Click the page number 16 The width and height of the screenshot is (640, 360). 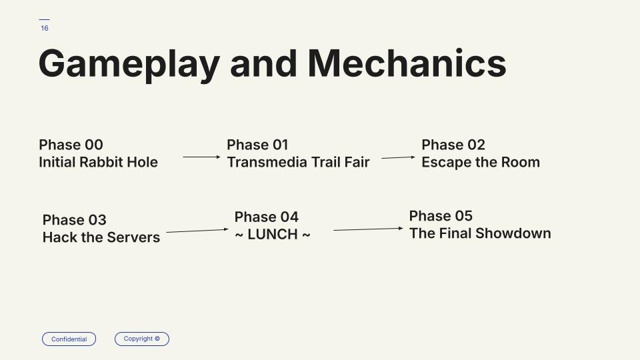click(45, 28)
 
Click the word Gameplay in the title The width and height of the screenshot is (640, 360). click(129, 64)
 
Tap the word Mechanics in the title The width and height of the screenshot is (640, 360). click(407, 63)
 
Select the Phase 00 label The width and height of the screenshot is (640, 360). click(71, 145)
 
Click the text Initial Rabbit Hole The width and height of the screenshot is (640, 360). click(99, 162)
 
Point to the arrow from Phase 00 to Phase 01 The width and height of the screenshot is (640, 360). click(201, 157)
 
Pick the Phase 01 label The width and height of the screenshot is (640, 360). click(257, 145)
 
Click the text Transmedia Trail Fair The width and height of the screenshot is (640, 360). click(299, 162)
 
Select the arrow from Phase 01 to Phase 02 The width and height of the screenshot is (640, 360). click(399, 157)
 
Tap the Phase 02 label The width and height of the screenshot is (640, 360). click(453, 145)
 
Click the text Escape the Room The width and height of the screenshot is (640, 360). click(481, 162)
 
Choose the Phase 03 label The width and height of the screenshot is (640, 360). click(74, 219)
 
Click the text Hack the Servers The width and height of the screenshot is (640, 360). click(101, 237)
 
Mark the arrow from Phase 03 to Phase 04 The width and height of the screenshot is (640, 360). click(197, 231)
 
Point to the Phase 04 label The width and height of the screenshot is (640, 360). click(267, 217)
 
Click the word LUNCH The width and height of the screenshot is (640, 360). click(273, 234)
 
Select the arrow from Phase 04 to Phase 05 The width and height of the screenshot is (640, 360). click(368, 229)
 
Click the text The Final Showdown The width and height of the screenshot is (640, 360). click(480, 233)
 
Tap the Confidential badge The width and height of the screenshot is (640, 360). click(69, 339)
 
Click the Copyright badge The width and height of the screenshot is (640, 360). click(141, 339)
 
